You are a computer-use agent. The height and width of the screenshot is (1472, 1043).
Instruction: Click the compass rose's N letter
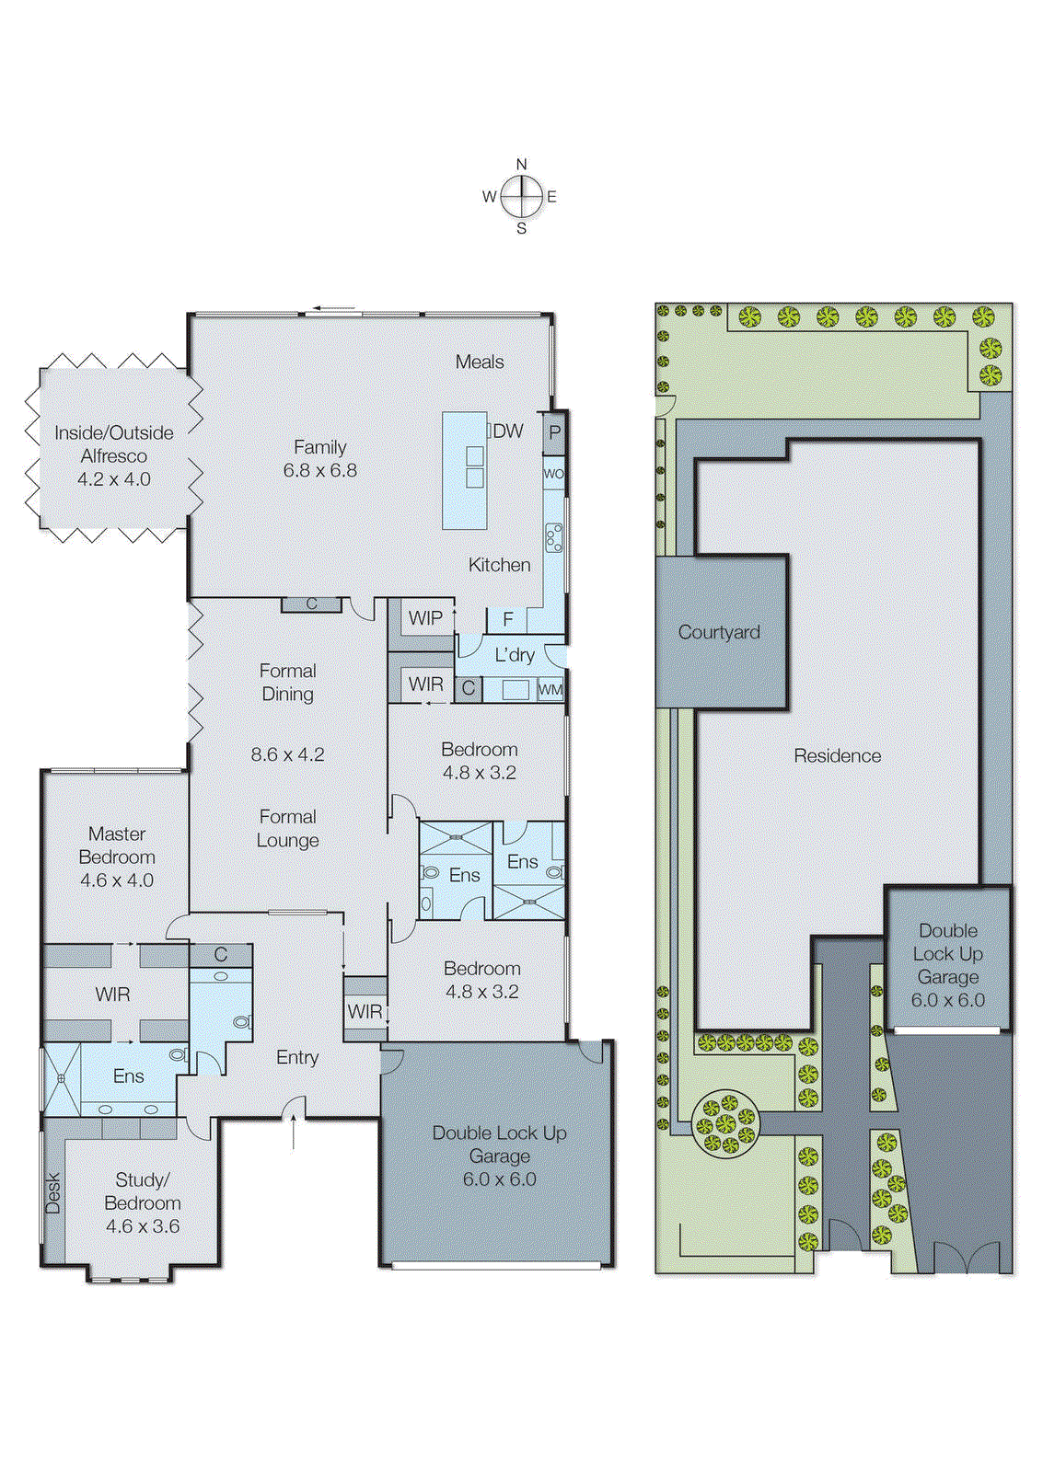[521, 165]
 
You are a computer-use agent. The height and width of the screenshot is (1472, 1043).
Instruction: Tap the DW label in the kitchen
[507, 431]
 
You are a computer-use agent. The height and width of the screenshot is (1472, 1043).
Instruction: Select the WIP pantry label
[425, 618]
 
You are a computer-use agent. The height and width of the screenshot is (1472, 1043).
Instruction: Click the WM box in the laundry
[550, 689]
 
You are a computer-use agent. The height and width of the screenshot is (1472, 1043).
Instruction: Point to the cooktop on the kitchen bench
[554, 537]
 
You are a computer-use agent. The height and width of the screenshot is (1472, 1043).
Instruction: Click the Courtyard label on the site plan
[719, 632]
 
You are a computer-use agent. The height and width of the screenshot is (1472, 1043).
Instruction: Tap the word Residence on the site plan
[837, 755]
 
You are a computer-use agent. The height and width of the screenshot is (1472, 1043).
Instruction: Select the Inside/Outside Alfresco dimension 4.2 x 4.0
[114, 478]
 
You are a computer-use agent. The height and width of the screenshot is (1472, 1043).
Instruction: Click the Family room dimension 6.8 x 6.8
[319, 470]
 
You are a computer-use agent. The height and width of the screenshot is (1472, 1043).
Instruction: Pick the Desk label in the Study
[53, 1192]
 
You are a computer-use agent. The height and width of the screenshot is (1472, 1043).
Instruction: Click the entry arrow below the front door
[294, 1131]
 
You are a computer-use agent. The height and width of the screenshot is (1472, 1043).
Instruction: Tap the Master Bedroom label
[117, 845]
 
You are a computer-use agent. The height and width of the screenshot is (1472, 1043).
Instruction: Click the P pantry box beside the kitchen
[554, 432]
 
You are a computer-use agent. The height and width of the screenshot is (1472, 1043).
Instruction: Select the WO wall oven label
[553, 474]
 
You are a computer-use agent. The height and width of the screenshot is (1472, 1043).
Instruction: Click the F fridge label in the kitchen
[507, 620]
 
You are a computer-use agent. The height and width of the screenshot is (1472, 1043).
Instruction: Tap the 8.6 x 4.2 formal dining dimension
[287, 754]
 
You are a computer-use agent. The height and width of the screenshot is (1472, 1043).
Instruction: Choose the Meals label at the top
[480, 362]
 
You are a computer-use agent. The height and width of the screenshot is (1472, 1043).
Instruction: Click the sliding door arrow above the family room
[333, 309]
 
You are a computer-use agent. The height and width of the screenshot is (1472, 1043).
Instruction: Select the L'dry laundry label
[514, 654]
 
